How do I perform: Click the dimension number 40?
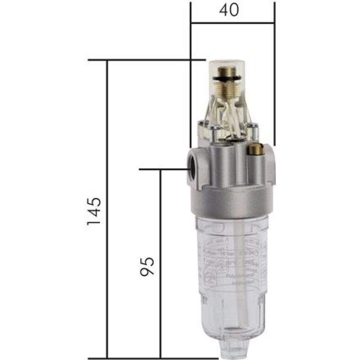coord(229,10)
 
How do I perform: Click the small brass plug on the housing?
coord(257,149)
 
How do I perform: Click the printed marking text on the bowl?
coord(234,259)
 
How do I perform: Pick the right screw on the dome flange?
coord(254,131)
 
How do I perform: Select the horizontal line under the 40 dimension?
coord(232,23)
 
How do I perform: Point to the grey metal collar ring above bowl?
coord(230,203)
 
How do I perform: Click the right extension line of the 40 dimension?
coord(274,72)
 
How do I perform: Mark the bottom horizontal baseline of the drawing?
coord(151,358)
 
